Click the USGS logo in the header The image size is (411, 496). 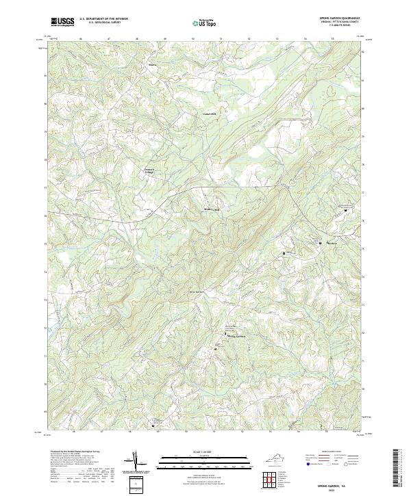tap(62, 22)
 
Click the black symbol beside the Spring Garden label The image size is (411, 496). tap(227, 335)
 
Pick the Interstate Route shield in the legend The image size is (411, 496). tap(306, 470)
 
